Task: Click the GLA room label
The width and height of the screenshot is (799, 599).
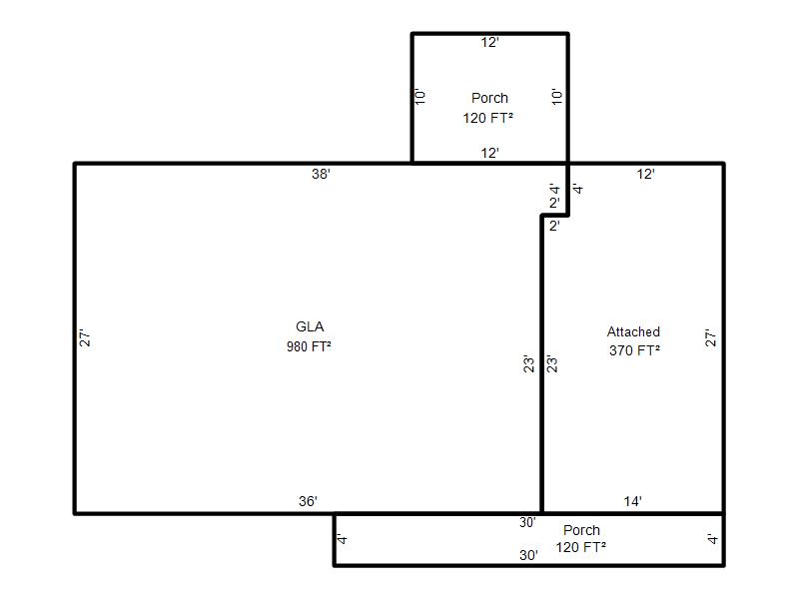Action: coord(310,326)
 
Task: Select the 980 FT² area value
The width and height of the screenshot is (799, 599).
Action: coord(309,346)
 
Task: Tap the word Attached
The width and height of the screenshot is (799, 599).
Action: coord(633,332)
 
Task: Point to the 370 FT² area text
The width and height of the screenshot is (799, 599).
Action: coord(634,350)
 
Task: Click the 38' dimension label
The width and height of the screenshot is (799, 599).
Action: coord(321,174)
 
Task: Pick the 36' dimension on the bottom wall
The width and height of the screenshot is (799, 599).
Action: coord(309,501)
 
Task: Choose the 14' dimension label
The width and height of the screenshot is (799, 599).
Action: coord(633,501)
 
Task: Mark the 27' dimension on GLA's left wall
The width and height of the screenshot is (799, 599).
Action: coord(85,337)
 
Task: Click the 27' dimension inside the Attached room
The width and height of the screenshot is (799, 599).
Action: coord(711,337)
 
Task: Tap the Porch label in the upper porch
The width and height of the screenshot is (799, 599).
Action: coord(489,98)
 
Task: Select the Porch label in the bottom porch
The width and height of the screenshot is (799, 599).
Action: coord(581,530)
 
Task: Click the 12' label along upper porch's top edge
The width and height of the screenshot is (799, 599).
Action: coord(489,42)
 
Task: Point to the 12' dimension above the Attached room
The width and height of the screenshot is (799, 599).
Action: coord(645,174)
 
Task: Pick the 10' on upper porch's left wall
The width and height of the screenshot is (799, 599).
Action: coord(420,96)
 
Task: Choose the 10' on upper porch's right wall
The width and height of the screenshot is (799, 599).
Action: coord(558,96)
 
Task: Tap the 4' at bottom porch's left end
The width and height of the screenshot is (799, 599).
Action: coord(343,538)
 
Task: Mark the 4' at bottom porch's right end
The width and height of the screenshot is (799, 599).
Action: coord(713,538)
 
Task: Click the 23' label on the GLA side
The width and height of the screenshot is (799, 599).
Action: coord(529,363)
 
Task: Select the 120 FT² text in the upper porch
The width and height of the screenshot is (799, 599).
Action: coord(487,118)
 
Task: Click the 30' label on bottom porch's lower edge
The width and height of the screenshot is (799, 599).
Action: coord(529,555)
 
